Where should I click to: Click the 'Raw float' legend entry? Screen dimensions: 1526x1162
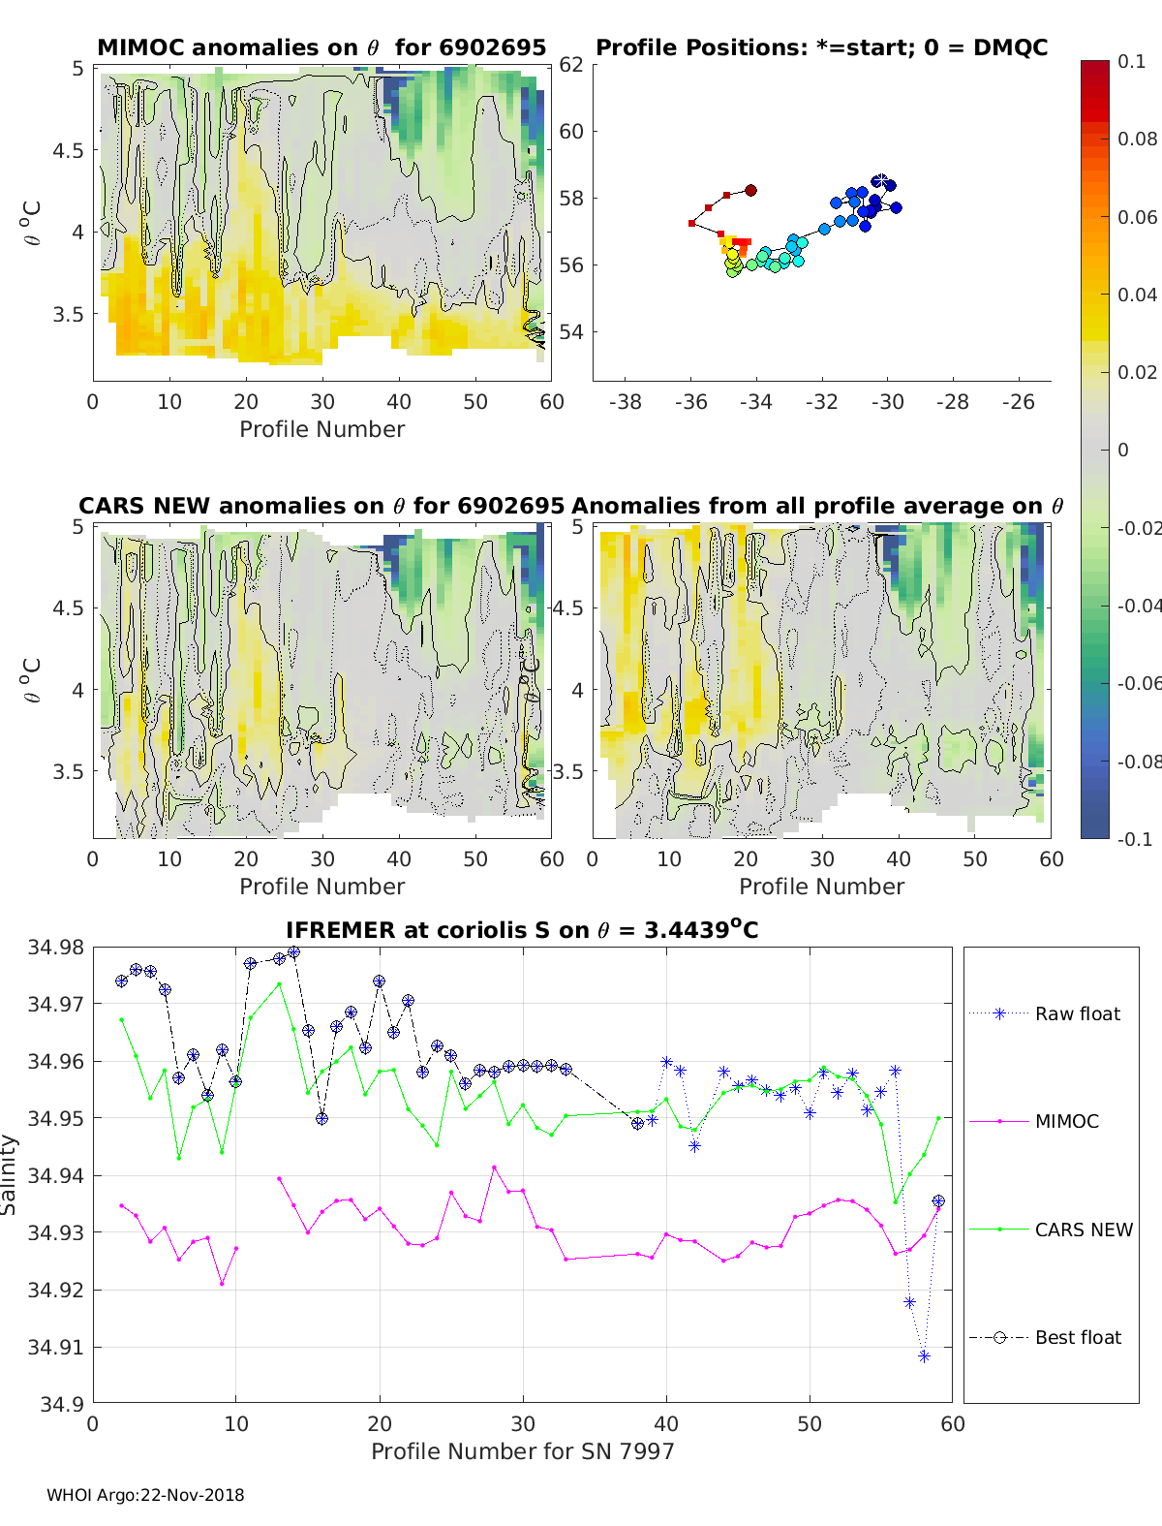coord(1077,1013)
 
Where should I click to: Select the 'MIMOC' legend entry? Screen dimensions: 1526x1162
coord(1066,1121)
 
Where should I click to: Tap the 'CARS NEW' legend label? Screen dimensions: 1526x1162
coord(1084,1230)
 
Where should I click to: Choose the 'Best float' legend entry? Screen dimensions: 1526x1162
coord(1078,1337)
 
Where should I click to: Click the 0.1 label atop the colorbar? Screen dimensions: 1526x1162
coord(1131,61)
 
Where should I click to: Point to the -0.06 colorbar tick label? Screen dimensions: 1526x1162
coord(1138,683)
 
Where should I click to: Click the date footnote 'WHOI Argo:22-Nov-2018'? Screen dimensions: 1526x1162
coord(145,1495)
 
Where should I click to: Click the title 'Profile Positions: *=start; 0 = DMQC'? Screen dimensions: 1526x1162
coord(821,47)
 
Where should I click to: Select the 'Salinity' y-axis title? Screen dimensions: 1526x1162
coord(10,1174)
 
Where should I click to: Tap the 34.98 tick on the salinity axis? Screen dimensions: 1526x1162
coord(56,947)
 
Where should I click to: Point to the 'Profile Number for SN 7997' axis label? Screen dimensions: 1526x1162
coord(522,1451)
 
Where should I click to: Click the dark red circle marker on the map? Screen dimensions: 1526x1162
coord(750,191)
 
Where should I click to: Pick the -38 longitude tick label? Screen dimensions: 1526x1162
coord(625,401)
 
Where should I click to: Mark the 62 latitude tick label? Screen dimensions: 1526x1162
coord(571,65)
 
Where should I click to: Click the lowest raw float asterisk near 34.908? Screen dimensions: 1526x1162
coord(924,1356)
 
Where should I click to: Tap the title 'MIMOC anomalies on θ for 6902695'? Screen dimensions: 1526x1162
coord(321,47)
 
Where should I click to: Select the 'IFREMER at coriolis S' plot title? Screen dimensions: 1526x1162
coord(522,930)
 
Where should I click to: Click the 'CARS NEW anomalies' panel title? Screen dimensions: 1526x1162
coord(321,506)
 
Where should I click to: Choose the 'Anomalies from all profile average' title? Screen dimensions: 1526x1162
coord(817,506)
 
